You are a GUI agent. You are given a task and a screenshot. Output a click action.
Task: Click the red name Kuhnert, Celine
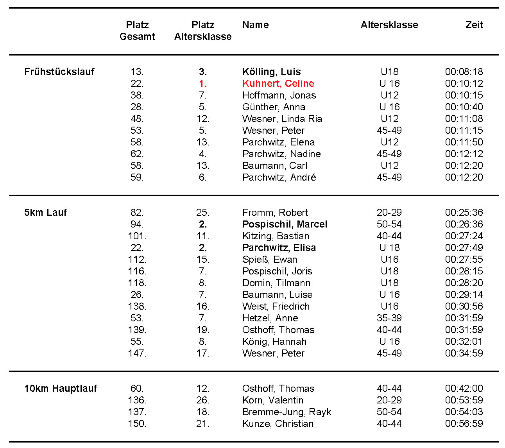click(278, 83)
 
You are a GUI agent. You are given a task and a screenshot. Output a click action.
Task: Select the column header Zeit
click(474, 25)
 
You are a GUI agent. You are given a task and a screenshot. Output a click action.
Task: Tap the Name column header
click(256, 25)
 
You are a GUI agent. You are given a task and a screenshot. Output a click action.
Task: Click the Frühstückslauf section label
click(59, 72)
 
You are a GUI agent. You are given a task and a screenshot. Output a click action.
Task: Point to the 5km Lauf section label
click(46, 212)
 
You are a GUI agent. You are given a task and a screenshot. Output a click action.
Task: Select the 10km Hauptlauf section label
click(61, 388)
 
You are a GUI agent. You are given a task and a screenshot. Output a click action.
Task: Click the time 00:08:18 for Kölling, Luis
click(464, 72)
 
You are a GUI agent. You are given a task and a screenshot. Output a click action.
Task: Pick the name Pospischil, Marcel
click(285, 224)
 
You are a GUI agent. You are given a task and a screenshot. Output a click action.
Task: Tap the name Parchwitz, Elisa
click(279, 247)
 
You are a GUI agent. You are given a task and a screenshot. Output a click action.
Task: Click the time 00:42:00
click(464, 388)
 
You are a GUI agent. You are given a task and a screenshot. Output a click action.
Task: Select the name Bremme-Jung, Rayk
click(287, 412)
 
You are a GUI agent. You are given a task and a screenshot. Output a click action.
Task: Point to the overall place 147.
click(137, 353)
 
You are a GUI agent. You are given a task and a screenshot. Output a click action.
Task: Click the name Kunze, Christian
click(278, 423)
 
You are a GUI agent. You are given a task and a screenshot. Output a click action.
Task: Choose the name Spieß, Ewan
click(270, 259)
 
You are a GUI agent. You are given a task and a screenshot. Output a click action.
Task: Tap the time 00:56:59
click(464, 423)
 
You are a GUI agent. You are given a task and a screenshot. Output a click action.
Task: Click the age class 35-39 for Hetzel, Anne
click(389, 318)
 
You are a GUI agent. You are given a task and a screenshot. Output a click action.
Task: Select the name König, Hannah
click(274, 341)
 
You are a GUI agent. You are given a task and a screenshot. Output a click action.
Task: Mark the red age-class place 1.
click(203, 83)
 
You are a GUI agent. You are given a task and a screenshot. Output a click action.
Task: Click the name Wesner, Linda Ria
click(282, 118)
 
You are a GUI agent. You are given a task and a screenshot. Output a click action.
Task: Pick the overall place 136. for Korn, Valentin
click(137, 400)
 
